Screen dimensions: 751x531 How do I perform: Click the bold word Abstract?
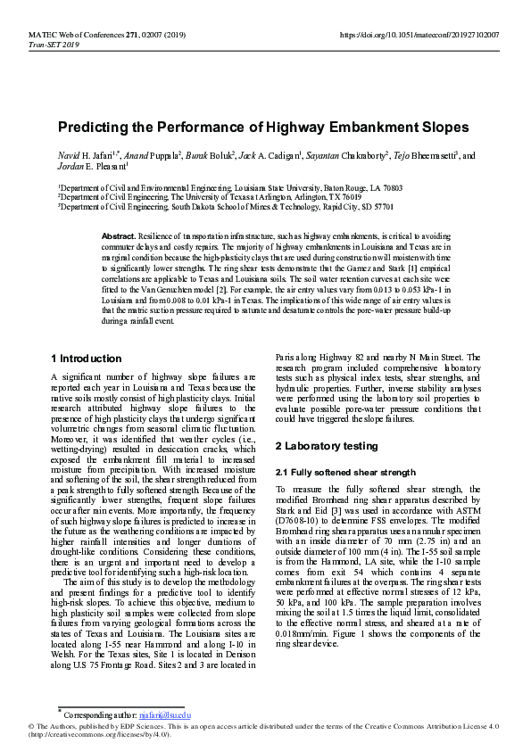pos(120,235)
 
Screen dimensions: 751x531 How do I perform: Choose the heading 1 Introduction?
pos(86,359)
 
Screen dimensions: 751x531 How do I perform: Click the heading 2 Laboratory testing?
pos(326,444)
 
